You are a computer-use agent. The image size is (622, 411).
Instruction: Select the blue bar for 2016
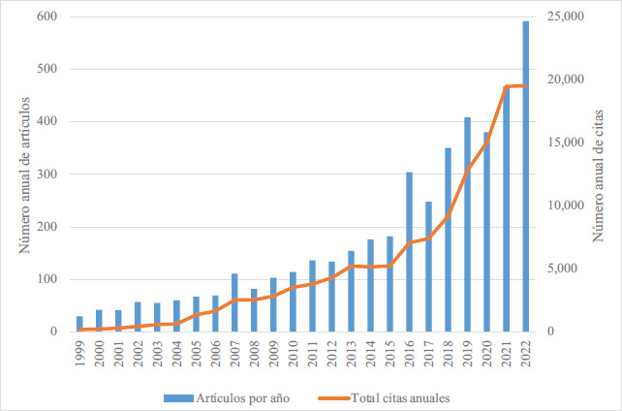410,252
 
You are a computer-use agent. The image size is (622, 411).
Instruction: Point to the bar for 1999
79,324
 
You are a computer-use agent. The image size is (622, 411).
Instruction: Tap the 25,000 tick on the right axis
566,17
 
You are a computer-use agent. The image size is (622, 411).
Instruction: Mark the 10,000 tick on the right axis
566,205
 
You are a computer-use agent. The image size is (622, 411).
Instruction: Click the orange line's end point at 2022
526,85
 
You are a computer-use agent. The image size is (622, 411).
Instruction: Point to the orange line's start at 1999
79,330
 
